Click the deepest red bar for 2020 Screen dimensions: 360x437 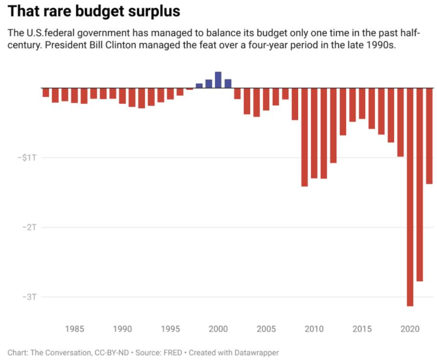tap(410, 196)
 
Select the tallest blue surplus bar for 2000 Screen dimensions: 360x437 tap(218, 80)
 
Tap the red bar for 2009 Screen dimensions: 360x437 tap(305, 137)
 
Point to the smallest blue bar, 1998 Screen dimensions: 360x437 tap(199, 86)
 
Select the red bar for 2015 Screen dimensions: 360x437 tap(362, 103)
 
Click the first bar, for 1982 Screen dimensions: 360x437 tap(46, 92)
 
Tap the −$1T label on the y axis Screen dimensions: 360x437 tap(27, 157)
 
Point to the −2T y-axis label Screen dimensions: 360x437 tap(30, 227)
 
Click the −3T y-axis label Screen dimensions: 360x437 tap(30, 297)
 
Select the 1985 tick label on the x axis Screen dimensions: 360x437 tap(75, 329)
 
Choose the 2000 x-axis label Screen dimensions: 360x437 tap(218, 329)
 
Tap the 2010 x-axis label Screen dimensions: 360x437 tap(314, 329)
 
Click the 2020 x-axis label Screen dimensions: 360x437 tap(410, 329)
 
